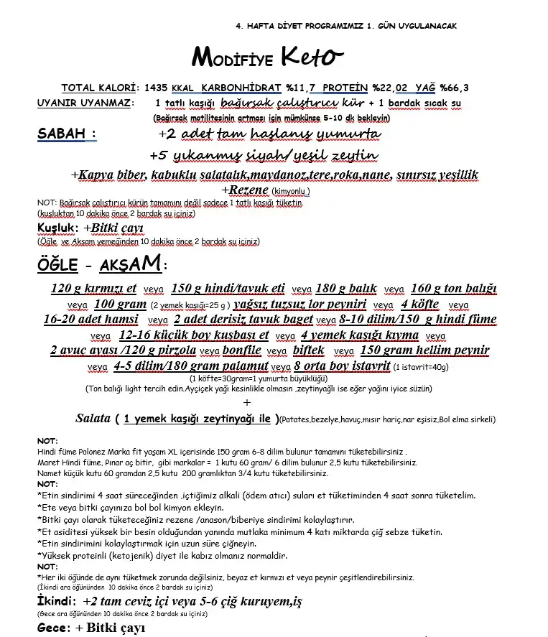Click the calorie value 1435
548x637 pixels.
pyautogui.click(x=156, y=88)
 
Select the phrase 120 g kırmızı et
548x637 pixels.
pyautogui.click(x=94, y=289)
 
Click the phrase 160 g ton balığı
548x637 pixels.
pyautogui.click(x=454, y=289)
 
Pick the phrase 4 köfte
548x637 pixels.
pyautogui.click(x=419, y=304)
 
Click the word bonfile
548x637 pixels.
pyautogui.click(x=241, y=350)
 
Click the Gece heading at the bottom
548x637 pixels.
pyautogui.click(x=52, y=628)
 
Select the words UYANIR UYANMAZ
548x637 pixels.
pyautogui.click(x=85, y=103)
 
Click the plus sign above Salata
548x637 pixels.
pyautogui.click(x=248, y=402)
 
